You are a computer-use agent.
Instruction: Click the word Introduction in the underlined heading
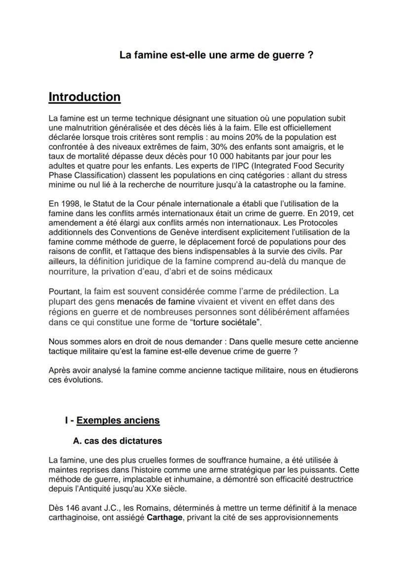[84, 97]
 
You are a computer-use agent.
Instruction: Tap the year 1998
[68, 204]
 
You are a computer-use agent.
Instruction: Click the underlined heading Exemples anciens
[118, 420]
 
